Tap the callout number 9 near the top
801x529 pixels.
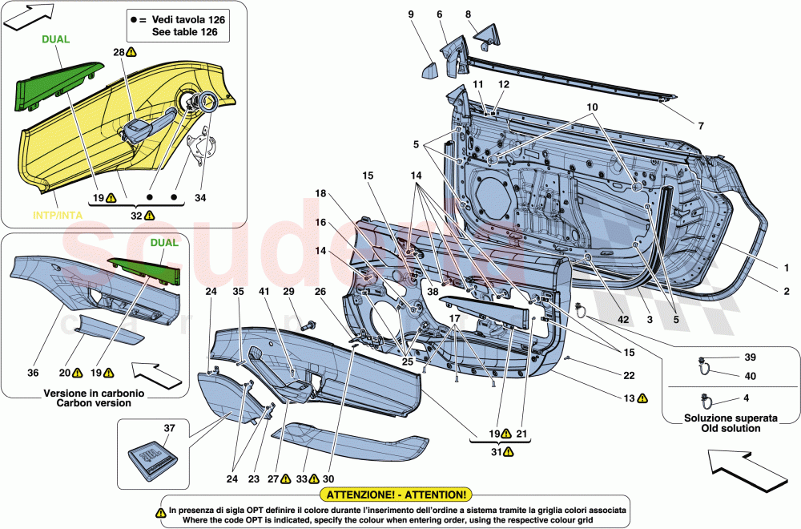click(411, 14)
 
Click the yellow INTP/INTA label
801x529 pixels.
click(58, 215)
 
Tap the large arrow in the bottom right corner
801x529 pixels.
click(742, 473)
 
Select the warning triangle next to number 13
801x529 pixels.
click(642, 398)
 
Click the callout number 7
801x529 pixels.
click(700, 126)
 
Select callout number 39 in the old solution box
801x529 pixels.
click(749, 357)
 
